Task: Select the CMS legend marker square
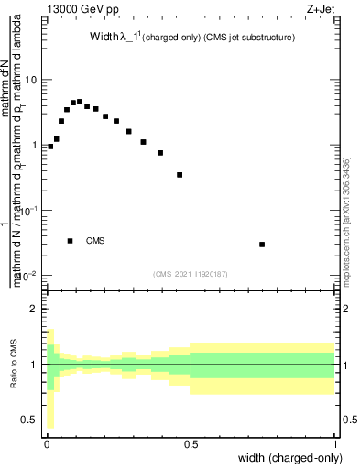tap(71, 241)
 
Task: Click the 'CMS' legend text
tap(95, 241)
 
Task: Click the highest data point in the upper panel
tap(80, 102)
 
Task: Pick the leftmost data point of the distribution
tap(50, 146)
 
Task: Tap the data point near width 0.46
tap(180, 174)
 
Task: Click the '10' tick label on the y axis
tap(30, 80)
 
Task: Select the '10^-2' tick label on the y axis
tap(27, 276)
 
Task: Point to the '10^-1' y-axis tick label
tap(27, 211)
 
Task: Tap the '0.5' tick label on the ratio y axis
tap(29, 420)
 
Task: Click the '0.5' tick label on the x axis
tap(191, 443)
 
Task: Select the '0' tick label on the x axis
tap(47, 443)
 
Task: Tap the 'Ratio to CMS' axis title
tap(14, 366)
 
